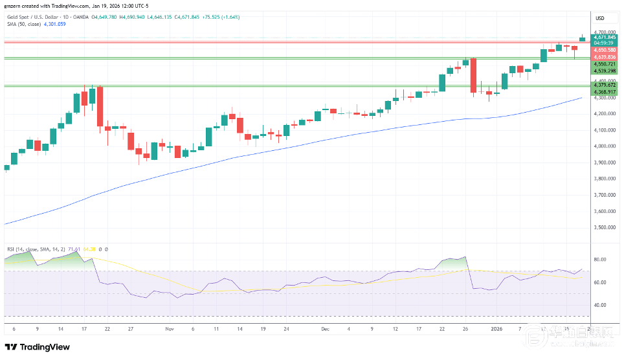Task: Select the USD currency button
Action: click(599, 17)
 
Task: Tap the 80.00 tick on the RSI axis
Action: click(599, 260)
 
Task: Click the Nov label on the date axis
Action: click(170, 329)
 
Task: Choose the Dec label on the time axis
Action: click(325, 329)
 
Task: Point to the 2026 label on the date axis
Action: click(498, 329)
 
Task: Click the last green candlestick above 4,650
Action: click(582, 39)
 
